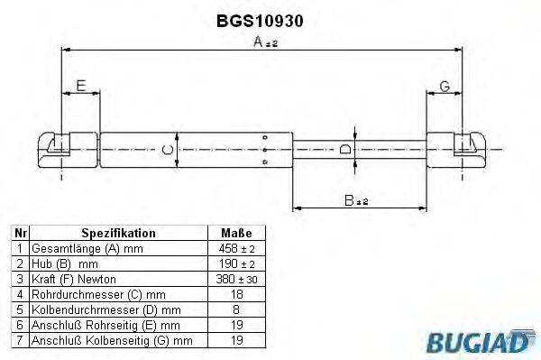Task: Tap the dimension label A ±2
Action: coord(264,41)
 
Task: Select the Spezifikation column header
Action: coord(119,232)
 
